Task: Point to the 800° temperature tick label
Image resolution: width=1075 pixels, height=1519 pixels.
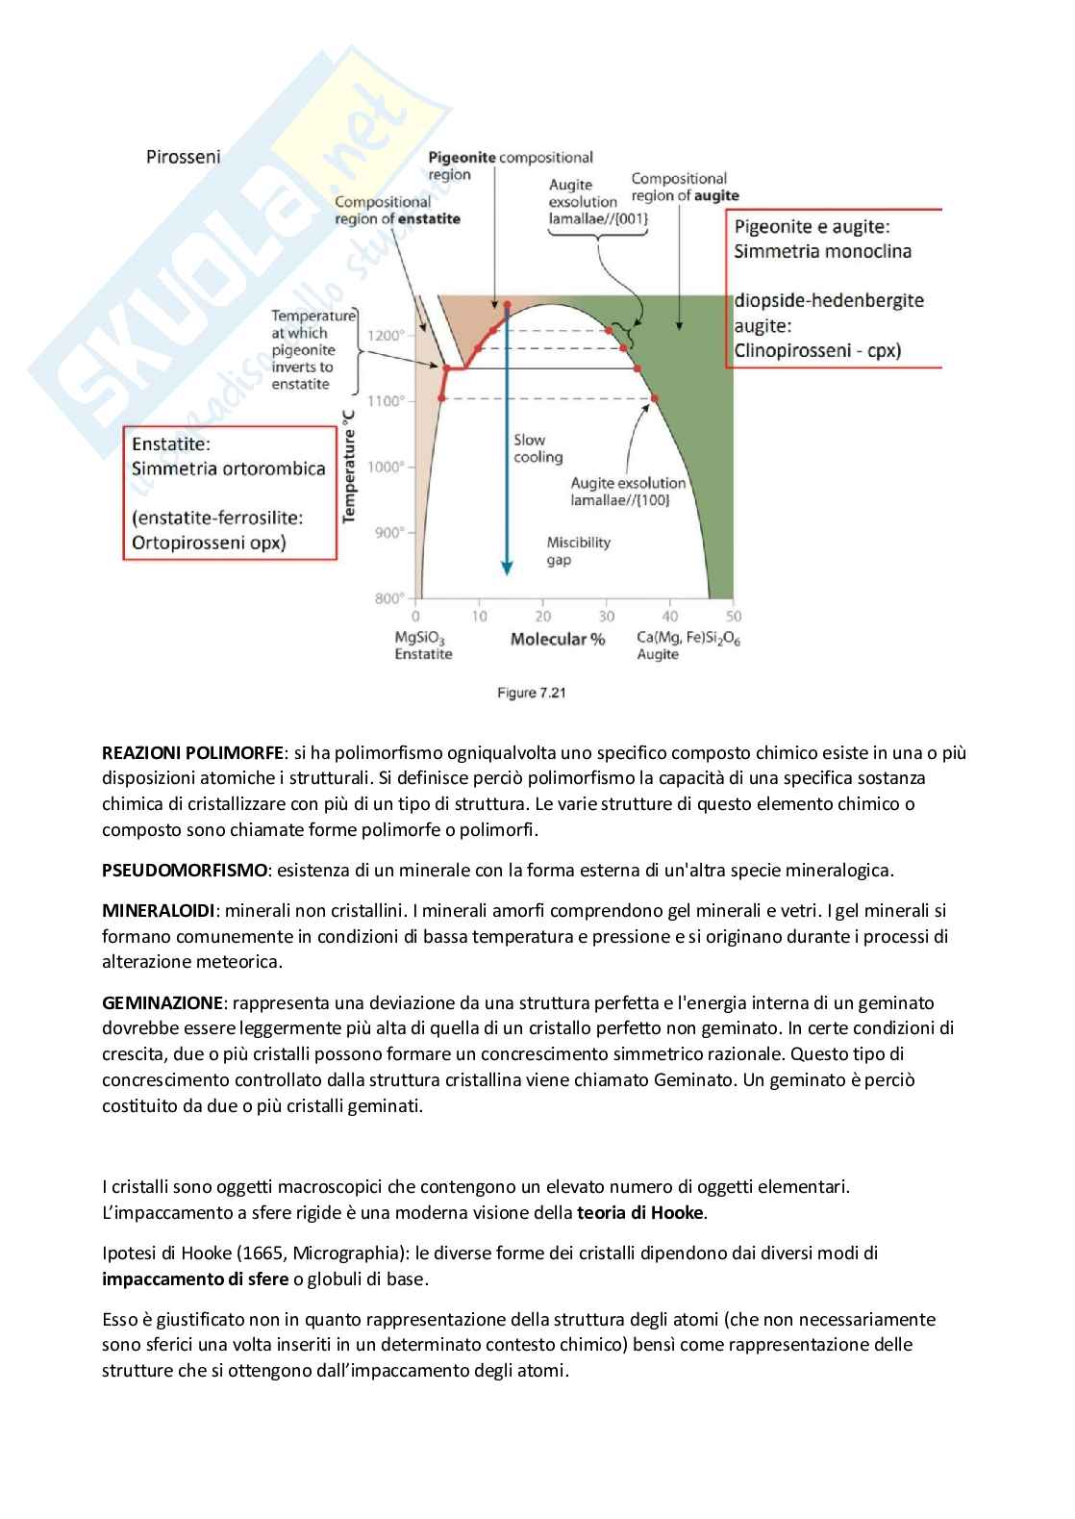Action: pyautogui.click(x=387, y=598)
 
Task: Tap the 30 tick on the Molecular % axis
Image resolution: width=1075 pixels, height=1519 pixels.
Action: pyautogui.click(x=607, y=617)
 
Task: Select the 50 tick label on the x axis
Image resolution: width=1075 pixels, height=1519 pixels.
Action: pyautogui.click(x=734, y=617)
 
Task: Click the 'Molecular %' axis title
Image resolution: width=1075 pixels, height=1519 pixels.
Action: pyautogui.click(x=558, y=640)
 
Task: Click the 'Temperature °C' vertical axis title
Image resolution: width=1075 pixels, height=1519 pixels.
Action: pyautogui.click(x=349, y=467)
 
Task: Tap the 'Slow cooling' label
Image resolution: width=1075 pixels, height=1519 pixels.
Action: pyautogui.click(x=537, y=448)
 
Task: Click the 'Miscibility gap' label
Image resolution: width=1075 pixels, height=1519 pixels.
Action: pyautogui.click(x=578, y=550)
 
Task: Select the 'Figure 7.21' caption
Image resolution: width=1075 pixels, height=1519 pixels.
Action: pyautogui.click(x=531, y=693)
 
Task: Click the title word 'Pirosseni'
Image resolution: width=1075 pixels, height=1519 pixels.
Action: pyautogui.click(x=183, y=157)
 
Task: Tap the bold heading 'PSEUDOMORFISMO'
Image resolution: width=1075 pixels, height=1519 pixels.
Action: pyautogui.click(x=185, y=871)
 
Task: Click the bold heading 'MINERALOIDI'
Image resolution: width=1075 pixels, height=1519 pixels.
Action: pyautogui.click(x=158, y=910)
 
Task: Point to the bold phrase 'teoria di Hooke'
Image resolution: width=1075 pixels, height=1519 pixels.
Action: pyautogui.click(x=640, y=1212)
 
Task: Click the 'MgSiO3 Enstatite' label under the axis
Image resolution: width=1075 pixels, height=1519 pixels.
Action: pyautogui.click(x=423, y=646)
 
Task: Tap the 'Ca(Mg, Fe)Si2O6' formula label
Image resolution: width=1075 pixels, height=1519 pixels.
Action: pyautogui.click(x=688, y=638)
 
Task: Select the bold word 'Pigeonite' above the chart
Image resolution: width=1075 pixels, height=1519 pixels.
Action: pyautogui.click(x=462, y=157)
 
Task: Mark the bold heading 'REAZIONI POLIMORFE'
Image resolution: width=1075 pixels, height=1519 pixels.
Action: pyautogui.click(x=193, y=752)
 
